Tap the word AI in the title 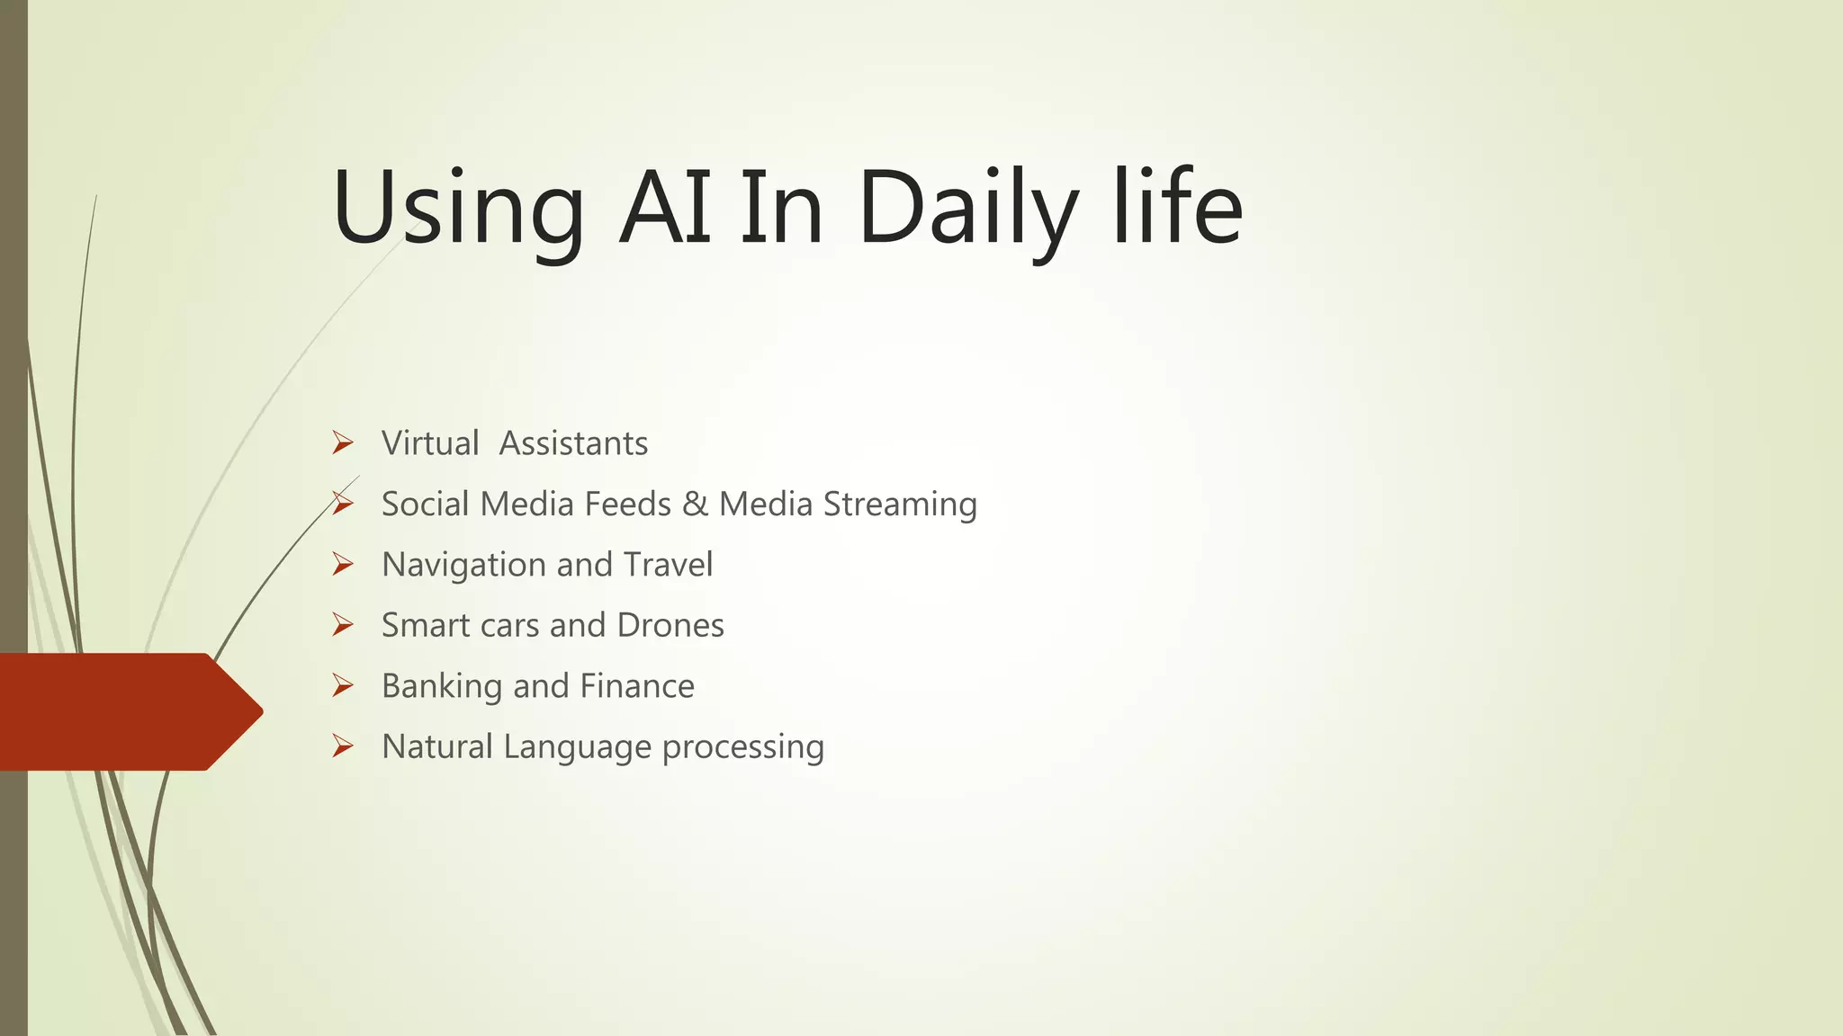click(665, 209)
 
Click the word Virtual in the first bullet click(430, 443)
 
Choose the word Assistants click(573, 443)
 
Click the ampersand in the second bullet click(695, 505)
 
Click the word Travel click(668, 565)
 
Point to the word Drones click(670, 626)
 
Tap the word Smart click(426, 626)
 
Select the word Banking click(442, 687)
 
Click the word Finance click(637, 686)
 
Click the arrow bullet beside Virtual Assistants click(342, 442)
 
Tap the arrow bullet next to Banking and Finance click(342, 685)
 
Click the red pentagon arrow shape click(126, 711)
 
